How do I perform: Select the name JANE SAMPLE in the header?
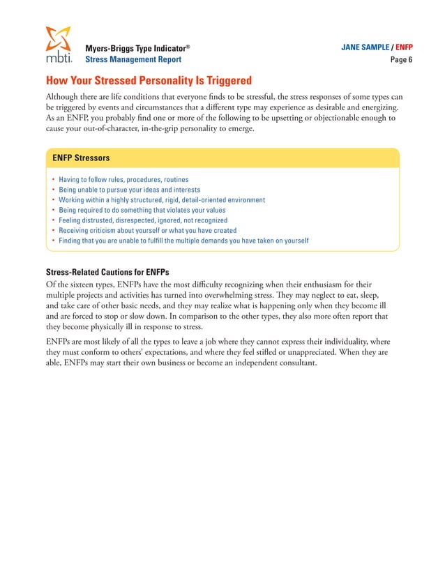point(365,47)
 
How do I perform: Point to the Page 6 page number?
point(400,60)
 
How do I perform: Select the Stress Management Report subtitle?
point(133,60)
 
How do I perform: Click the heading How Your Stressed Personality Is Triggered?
point(148,80)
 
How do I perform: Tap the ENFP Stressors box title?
point(82,158)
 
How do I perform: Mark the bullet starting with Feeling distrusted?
point(143,220)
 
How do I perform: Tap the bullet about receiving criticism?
point(147,230)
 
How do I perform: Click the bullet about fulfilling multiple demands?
point(183,241)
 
